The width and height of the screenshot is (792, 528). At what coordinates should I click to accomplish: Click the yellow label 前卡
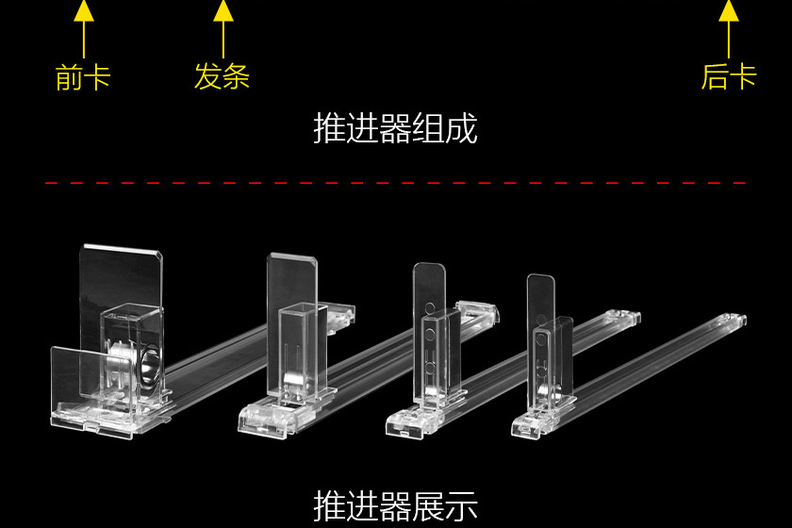[83, 77]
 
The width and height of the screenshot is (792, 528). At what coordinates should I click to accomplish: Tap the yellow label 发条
[223, 76]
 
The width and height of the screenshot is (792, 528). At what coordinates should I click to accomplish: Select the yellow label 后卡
[728, 76]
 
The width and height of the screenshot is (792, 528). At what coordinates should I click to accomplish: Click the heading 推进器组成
[395, 129]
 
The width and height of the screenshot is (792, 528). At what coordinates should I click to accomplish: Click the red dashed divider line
[396, 183]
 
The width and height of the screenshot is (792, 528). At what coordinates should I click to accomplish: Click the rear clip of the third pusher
[478, 311]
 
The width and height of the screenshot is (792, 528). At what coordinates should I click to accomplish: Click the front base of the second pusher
[269, 420]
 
